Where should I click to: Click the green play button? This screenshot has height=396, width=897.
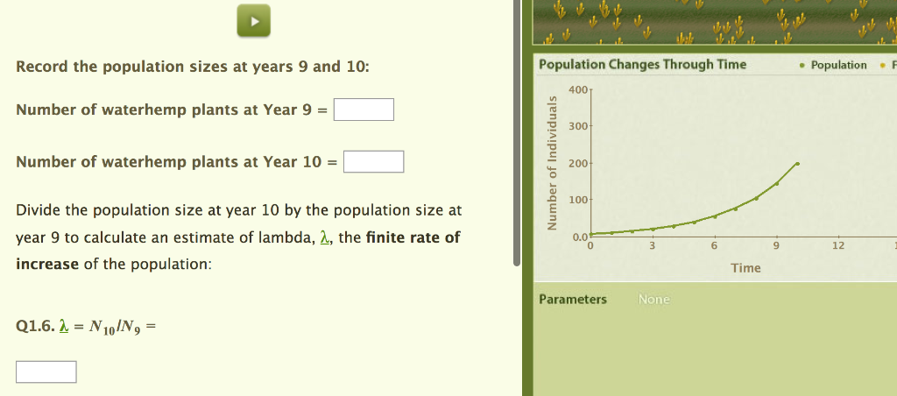point(253,21)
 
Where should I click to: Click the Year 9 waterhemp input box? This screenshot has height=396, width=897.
point(364,110)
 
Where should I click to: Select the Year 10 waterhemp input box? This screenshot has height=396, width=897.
point(373,162)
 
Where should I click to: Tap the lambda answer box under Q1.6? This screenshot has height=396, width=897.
point(46,372)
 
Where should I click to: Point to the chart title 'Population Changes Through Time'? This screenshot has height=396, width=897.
point(642,64)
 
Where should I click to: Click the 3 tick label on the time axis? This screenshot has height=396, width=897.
point(652,246)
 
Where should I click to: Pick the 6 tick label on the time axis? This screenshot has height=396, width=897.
point(714,246)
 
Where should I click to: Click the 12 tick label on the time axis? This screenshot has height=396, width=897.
point(838,246)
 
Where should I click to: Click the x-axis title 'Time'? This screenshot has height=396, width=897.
point(745,268)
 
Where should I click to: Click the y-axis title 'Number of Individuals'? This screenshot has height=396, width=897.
point(552,161)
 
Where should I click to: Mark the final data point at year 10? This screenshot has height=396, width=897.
point(797,164)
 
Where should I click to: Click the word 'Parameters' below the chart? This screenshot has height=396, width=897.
point(573,300)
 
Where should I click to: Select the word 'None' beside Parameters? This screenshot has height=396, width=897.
point(653,300)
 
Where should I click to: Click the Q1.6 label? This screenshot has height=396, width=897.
point(34,327)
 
